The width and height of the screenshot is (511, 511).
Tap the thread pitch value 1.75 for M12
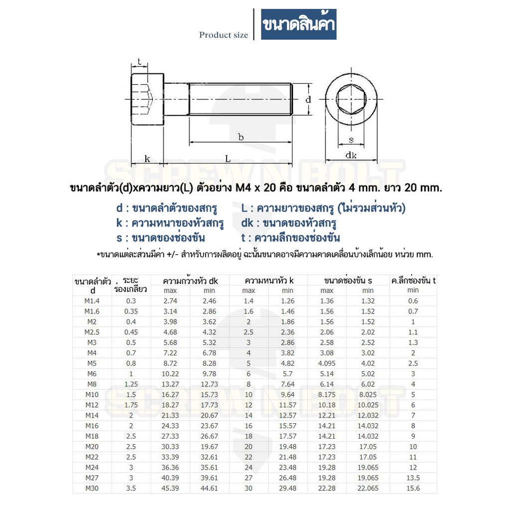click(x=131, y=405)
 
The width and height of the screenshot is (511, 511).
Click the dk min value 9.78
click(x=209, y=374)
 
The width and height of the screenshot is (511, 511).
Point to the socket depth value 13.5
click(x=413, y=478)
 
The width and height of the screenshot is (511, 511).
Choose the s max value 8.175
click(x=327, y=395)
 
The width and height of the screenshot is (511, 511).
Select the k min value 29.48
click(x=287, y=489)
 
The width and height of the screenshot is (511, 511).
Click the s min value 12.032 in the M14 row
click(x=368, y=415)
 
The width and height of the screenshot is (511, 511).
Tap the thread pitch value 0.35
click(x=131, y=311)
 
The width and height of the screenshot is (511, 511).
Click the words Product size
click(x=224, y=35)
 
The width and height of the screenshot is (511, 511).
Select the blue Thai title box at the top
click(x=298, y=24)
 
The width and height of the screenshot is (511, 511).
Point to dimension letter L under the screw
click(x=227, y=159)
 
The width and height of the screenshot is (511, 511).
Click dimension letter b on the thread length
click(x=241, y=137)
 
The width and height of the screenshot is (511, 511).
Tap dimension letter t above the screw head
click(x=139, y=62)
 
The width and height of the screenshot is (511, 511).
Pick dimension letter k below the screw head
click(x=147, y=159)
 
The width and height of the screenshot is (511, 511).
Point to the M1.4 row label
click(x=92, y=300)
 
